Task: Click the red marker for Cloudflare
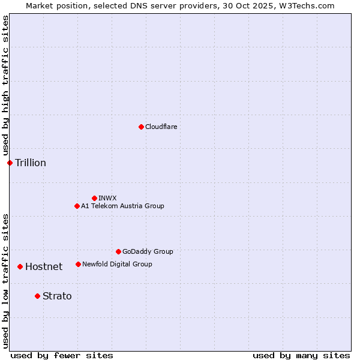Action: [141, 127]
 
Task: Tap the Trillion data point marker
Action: [10, 163]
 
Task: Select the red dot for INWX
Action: [94, 198]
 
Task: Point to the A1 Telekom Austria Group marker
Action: [77, 206]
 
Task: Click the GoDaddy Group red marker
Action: [118, 251]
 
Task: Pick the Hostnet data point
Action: [20, 266]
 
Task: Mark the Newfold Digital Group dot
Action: [78, 264]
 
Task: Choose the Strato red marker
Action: [37, 296]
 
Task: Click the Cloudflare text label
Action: [161, 127]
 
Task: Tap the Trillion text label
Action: [31, 163]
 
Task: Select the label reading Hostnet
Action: [44, 266]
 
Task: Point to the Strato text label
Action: [57, 296]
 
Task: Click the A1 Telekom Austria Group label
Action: [122, 206]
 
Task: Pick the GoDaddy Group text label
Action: [148, 251]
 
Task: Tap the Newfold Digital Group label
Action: [117, 264]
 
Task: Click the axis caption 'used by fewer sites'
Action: [62, 355]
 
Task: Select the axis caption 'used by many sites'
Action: [301, 355]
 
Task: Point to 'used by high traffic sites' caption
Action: [5, 85]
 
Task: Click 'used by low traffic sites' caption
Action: [5, 281]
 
